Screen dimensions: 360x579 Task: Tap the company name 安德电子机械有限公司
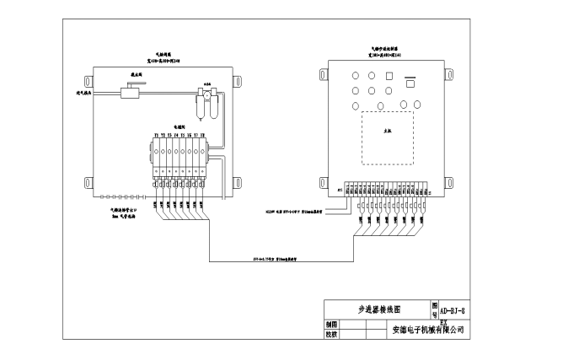(428, 329)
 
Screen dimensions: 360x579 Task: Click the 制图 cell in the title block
(331, 324)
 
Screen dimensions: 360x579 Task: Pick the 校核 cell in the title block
(331, 334)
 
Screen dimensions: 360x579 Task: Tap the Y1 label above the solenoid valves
(155, 135)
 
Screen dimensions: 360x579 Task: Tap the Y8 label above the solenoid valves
(203, 135)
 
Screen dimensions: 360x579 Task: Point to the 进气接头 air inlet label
(85, 93)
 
